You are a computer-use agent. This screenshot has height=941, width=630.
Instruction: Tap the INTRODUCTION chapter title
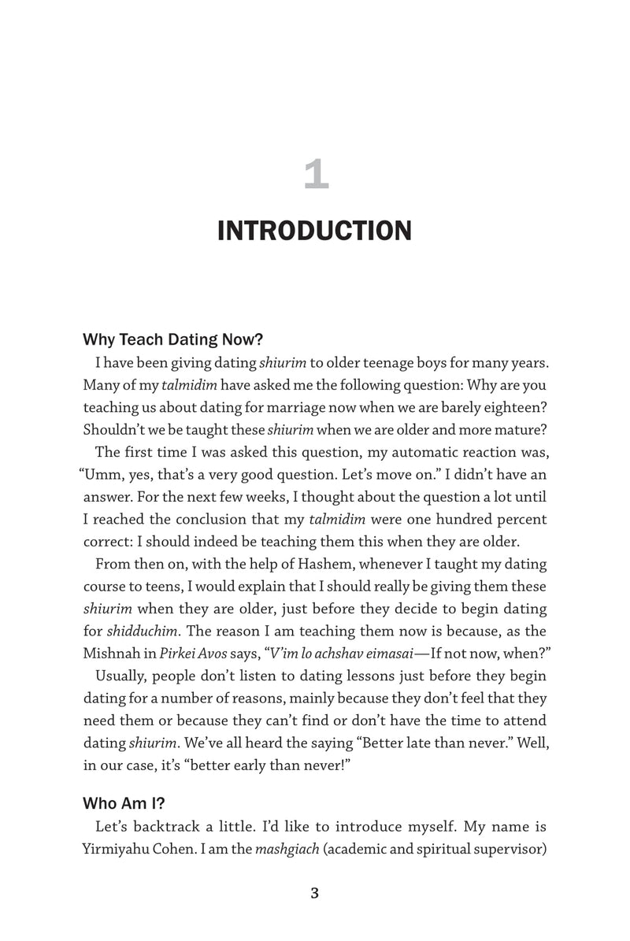click(x=314, y=232)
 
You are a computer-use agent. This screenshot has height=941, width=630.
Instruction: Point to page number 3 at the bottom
click(x=314, y=892)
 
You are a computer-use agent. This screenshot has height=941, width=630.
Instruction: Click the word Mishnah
click(x=113, y=631)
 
